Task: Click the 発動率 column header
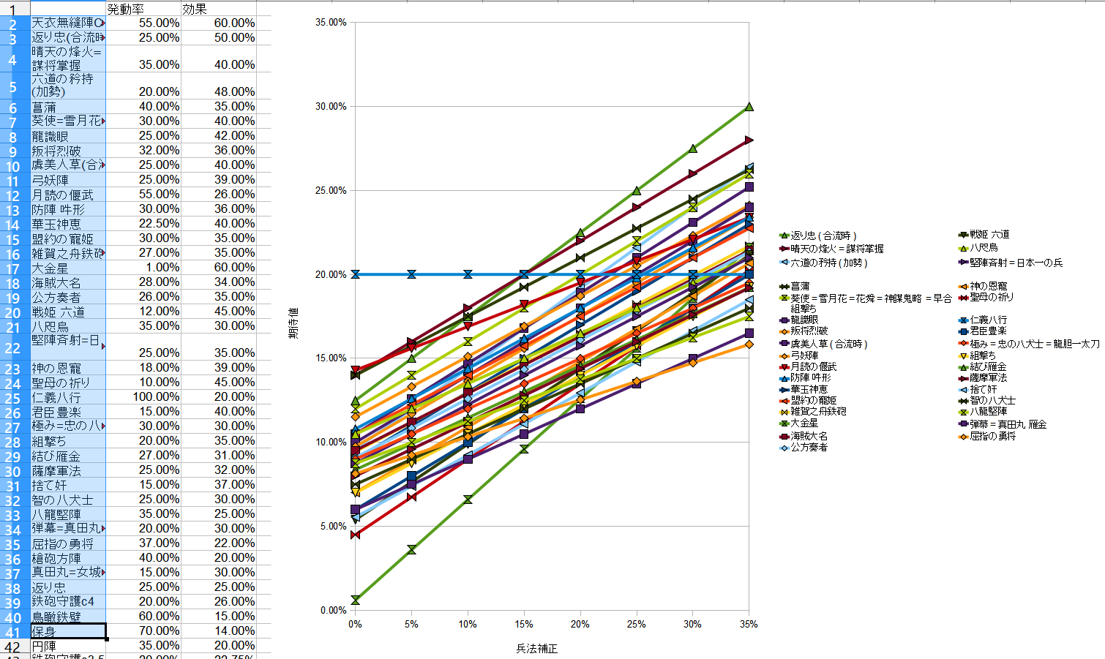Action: [126, 10]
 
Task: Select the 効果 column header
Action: [195, 10]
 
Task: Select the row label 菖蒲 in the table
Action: [44, 108]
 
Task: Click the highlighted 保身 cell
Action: [68, 631]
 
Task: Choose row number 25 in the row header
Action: [13, 398]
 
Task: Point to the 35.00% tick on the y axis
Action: [331, 23]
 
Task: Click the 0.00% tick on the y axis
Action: [333, 610]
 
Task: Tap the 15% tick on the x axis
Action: [524, 624]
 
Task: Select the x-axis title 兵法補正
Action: [536, 649]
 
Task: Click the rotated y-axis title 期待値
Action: [293, 323]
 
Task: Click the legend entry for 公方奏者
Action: [809, 447]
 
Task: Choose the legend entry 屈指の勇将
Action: [992, 436]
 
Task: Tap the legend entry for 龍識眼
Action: [804, 320]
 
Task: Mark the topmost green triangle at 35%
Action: [749, 107]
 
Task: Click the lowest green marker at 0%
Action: [356, 600]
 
